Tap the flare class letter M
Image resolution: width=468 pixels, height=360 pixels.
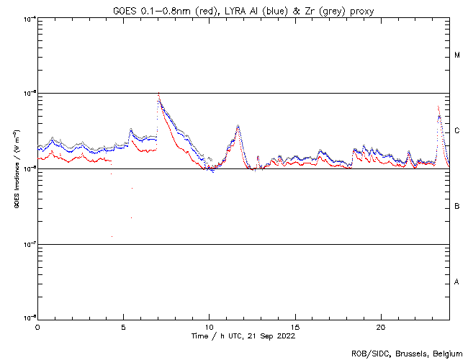point(457,55)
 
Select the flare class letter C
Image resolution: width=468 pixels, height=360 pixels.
point(457,131)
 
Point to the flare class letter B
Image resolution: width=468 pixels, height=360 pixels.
point(457,207)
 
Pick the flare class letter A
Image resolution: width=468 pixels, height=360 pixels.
point(457,282)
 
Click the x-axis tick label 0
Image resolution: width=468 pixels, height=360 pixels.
point(37,326)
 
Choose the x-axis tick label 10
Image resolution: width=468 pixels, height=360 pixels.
point(209,326)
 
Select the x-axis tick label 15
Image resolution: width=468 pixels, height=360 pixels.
point(295,326)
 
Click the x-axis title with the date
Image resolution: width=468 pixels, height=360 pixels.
point(243,336)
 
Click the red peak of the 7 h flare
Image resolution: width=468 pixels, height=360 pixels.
point(158,93)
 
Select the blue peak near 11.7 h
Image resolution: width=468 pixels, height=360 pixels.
point(238,126)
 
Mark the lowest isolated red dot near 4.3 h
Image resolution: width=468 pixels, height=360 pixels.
point(112,236)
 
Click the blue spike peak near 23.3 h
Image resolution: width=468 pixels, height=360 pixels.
point(438,107)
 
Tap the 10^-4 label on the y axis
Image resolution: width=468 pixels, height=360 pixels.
point(28,19)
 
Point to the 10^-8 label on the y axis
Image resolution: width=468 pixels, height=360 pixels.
point(28,318)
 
